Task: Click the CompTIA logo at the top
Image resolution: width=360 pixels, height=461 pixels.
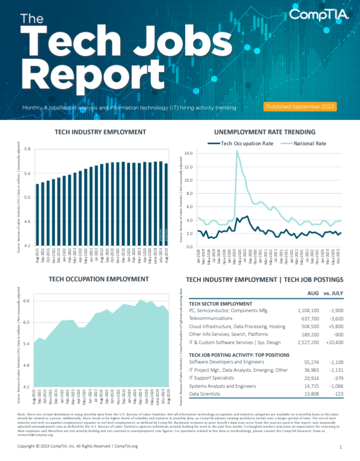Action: [x=319, y=15]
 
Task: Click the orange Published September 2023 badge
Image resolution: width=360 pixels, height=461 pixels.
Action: [x=300, y=106]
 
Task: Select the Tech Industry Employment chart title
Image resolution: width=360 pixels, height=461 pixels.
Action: [x=100, y=132]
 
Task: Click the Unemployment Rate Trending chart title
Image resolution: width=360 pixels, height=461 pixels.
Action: [x=264, y=132]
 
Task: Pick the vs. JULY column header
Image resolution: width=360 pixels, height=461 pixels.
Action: [x=335, y=292]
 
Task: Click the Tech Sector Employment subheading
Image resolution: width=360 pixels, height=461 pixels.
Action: [x=221, y=303]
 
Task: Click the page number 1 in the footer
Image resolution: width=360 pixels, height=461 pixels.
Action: [x=341, y=447]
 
